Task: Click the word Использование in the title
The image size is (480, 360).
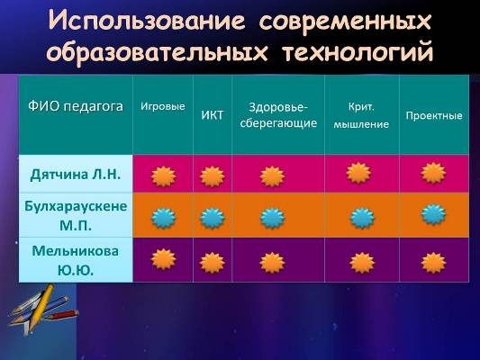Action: (147, 21)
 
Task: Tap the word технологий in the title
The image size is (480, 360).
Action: (358, 52)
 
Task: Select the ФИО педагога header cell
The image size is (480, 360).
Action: (76, 106)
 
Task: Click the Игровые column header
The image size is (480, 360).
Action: (163, 106)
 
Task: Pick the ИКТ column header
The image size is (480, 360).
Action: (213, 115)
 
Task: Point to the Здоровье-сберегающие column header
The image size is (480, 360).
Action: (278, 115)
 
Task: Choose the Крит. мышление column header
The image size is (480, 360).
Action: (361, 115)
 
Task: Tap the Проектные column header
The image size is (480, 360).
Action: (434, 115)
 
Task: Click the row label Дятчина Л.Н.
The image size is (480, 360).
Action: (76, 175)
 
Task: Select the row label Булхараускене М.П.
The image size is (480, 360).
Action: (76, 215)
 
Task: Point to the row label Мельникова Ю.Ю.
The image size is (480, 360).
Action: (76, 260)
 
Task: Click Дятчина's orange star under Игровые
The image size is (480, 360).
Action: (164, 176)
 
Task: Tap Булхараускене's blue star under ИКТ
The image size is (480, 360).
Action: (213, 218)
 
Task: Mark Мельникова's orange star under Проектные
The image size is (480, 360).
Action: (433, 263)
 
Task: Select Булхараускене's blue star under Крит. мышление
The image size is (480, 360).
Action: (362, 218)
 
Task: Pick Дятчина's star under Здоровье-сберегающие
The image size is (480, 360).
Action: (272, 176)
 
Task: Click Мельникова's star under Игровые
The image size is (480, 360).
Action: (164, 259)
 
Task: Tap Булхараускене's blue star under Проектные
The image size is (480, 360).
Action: (433, 214)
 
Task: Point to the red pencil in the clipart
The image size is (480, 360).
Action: (64, 315)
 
